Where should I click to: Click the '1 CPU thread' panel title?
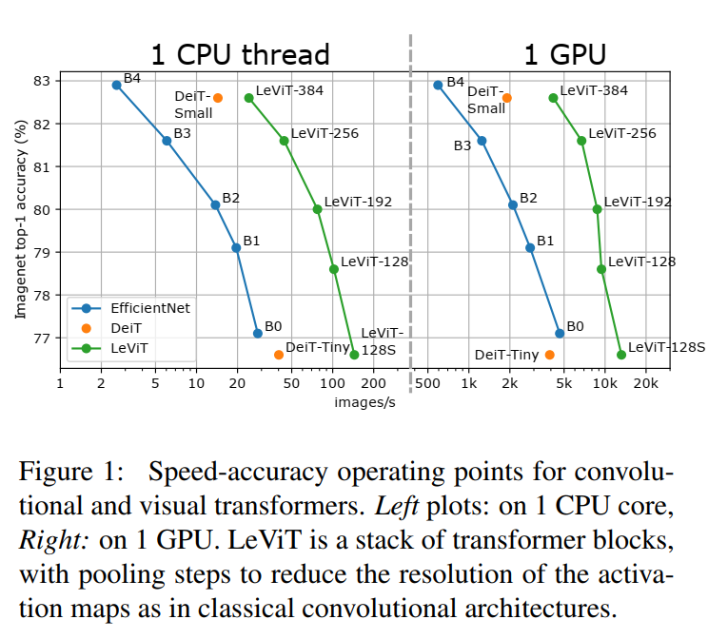point(240,53)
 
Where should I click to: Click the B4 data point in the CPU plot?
point(117,85)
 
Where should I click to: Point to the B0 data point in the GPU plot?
point(560,333)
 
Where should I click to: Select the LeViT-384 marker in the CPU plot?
point(249,98)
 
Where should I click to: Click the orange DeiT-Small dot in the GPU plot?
point(507,98)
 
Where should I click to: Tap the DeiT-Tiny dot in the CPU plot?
point(279,355)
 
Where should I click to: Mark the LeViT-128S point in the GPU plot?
point(621,355)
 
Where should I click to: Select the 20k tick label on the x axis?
point(645,385)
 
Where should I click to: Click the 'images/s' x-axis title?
point(358,402)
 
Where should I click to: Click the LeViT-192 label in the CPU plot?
point(358,202)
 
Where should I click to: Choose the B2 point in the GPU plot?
point(513,204)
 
